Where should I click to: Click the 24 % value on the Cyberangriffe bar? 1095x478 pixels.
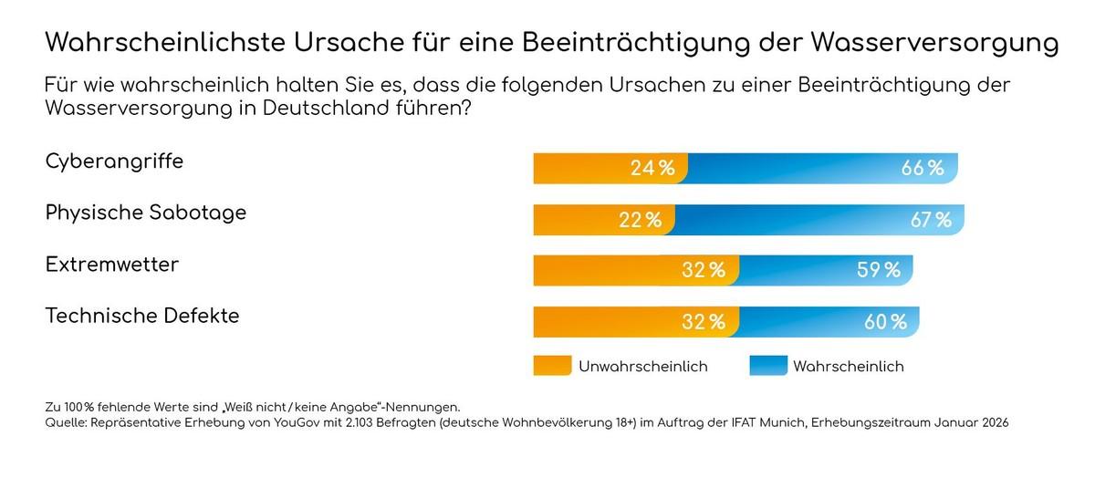coord(652,168)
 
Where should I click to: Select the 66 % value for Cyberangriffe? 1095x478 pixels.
coord(922,168)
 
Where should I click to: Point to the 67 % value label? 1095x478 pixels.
coord(929,219)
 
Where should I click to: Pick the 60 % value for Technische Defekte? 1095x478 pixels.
coord(884,321)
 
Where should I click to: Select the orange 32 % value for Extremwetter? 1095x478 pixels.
coord(703,270)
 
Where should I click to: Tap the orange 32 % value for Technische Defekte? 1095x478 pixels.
coord(703,321)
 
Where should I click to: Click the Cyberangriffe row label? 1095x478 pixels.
coord(114,161)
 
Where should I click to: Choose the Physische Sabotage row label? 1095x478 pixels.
coord(146,213)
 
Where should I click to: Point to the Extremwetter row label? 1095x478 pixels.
coord(112,265)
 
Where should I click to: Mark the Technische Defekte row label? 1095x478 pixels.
coord(142,316)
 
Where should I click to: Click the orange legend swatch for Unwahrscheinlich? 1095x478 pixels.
coord(552,366)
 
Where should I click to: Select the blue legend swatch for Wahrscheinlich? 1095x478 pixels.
coord(767,366)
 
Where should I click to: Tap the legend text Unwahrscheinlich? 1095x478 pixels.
coord(642,366)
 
